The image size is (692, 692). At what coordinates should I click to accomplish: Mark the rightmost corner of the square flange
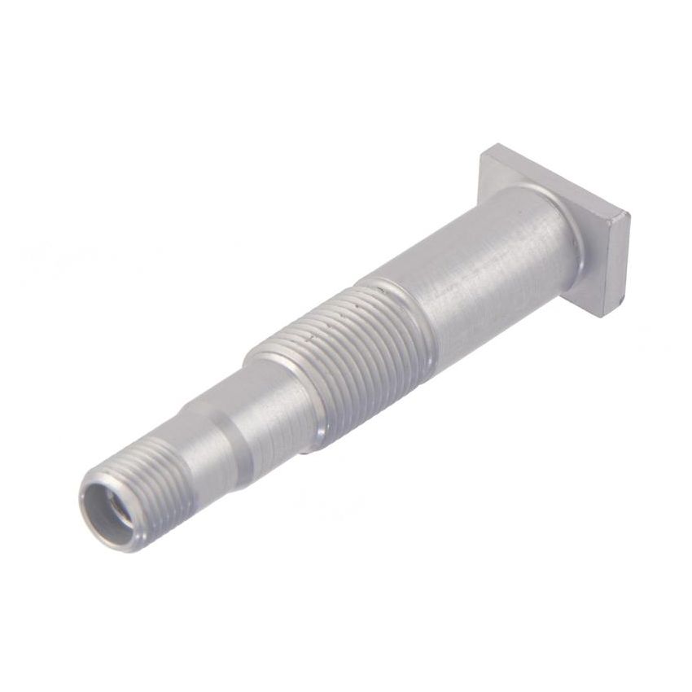[x=629, y=217]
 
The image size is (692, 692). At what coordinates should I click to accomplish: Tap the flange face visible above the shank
[x=521, y=171]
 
